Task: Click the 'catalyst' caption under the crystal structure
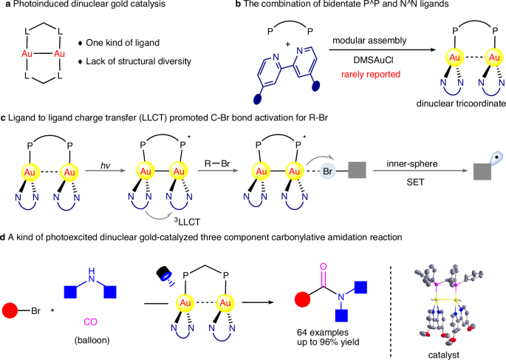pos(459,353)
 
